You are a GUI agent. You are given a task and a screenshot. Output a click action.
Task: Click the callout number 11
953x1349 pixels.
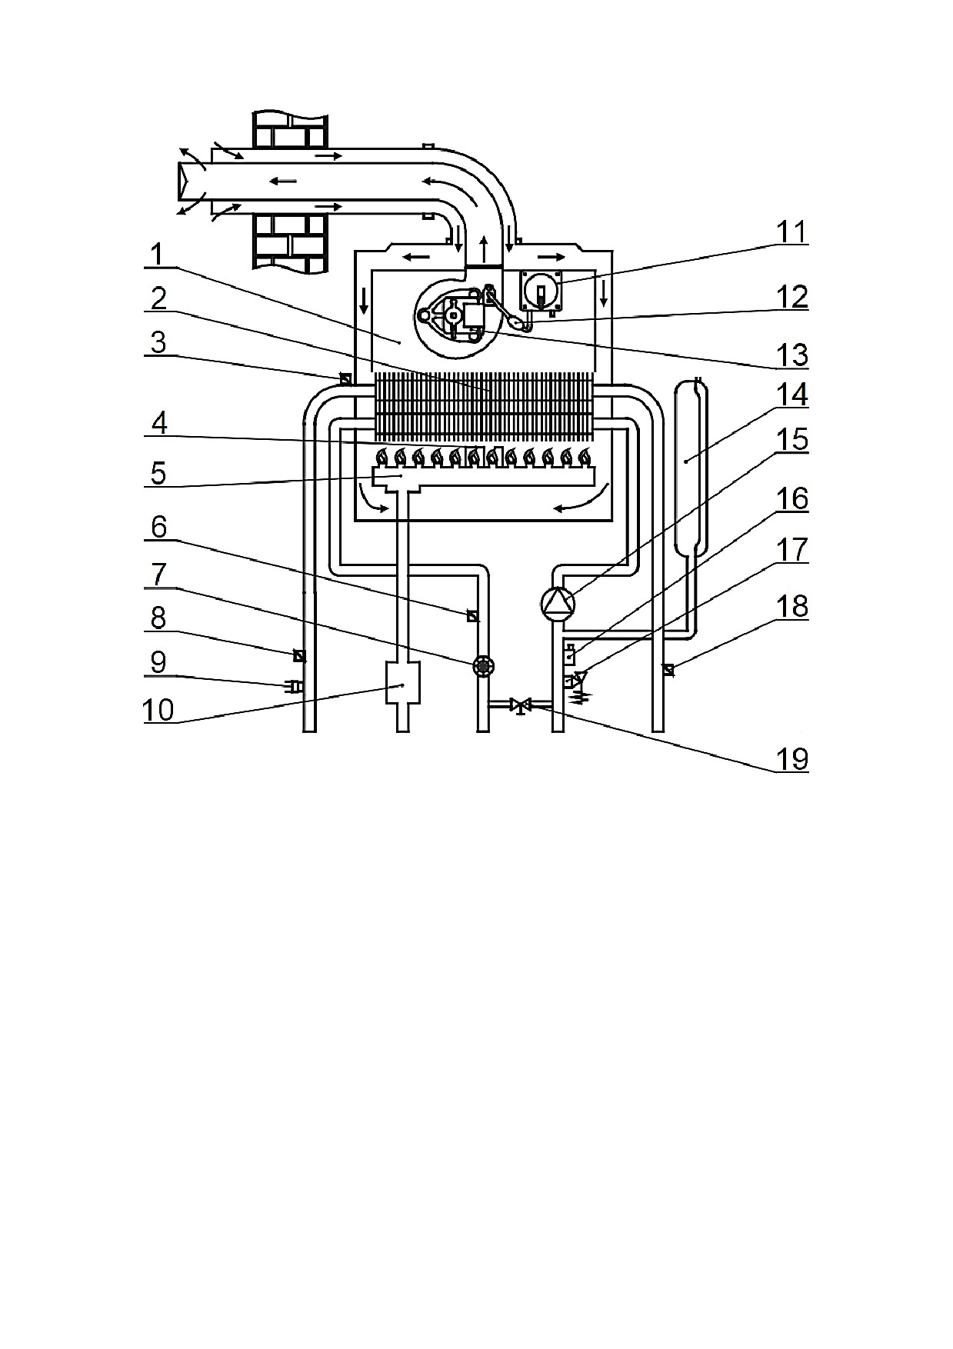coord(791,232)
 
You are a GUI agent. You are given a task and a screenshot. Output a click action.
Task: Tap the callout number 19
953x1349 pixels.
coord(792,760)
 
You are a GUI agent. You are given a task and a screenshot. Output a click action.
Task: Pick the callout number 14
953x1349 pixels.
coord(792,395)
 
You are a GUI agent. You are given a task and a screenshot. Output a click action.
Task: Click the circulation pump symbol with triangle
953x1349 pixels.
coord(558,604)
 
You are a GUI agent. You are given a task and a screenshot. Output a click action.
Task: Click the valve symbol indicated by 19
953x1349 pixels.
coord(522,704)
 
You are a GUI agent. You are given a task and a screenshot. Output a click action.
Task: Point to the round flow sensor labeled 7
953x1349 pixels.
coord(483,665)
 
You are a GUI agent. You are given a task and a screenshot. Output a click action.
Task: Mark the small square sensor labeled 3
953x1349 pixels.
coord(345,378)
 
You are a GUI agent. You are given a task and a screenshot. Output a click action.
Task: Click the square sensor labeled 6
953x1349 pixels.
coord(473,616)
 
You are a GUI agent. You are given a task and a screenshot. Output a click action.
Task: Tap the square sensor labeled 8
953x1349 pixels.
coord(299,656)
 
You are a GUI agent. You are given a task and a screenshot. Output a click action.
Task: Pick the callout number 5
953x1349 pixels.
coord(158,473)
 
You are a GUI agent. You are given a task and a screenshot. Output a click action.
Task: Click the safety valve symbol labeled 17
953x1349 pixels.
coord(575,682)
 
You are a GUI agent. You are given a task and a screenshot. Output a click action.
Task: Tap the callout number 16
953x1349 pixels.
coord(792,499)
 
